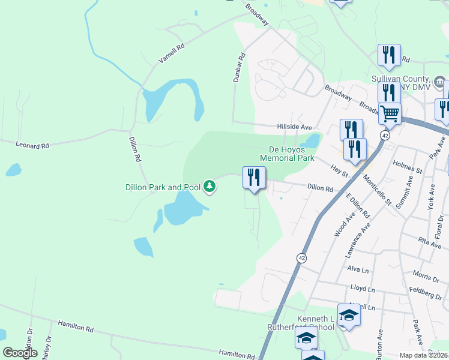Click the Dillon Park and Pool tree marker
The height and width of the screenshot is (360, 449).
click(x=209, y=187)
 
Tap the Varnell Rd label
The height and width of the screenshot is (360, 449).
click(x=170, y=53)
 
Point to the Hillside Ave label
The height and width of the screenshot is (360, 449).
click(x=294, y=127)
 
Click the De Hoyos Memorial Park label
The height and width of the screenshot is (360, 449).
click(x=287, y=154)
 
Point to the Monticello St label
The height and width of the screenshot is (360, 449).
click(x=377, y=190)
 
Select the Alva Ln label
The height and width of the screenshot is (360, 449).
click(x=357, y=270)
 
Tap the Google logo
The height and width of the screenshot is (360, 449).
click(x=20, y=352)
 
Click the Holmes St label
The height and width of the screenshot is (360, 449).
click(x=408, y=167)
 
